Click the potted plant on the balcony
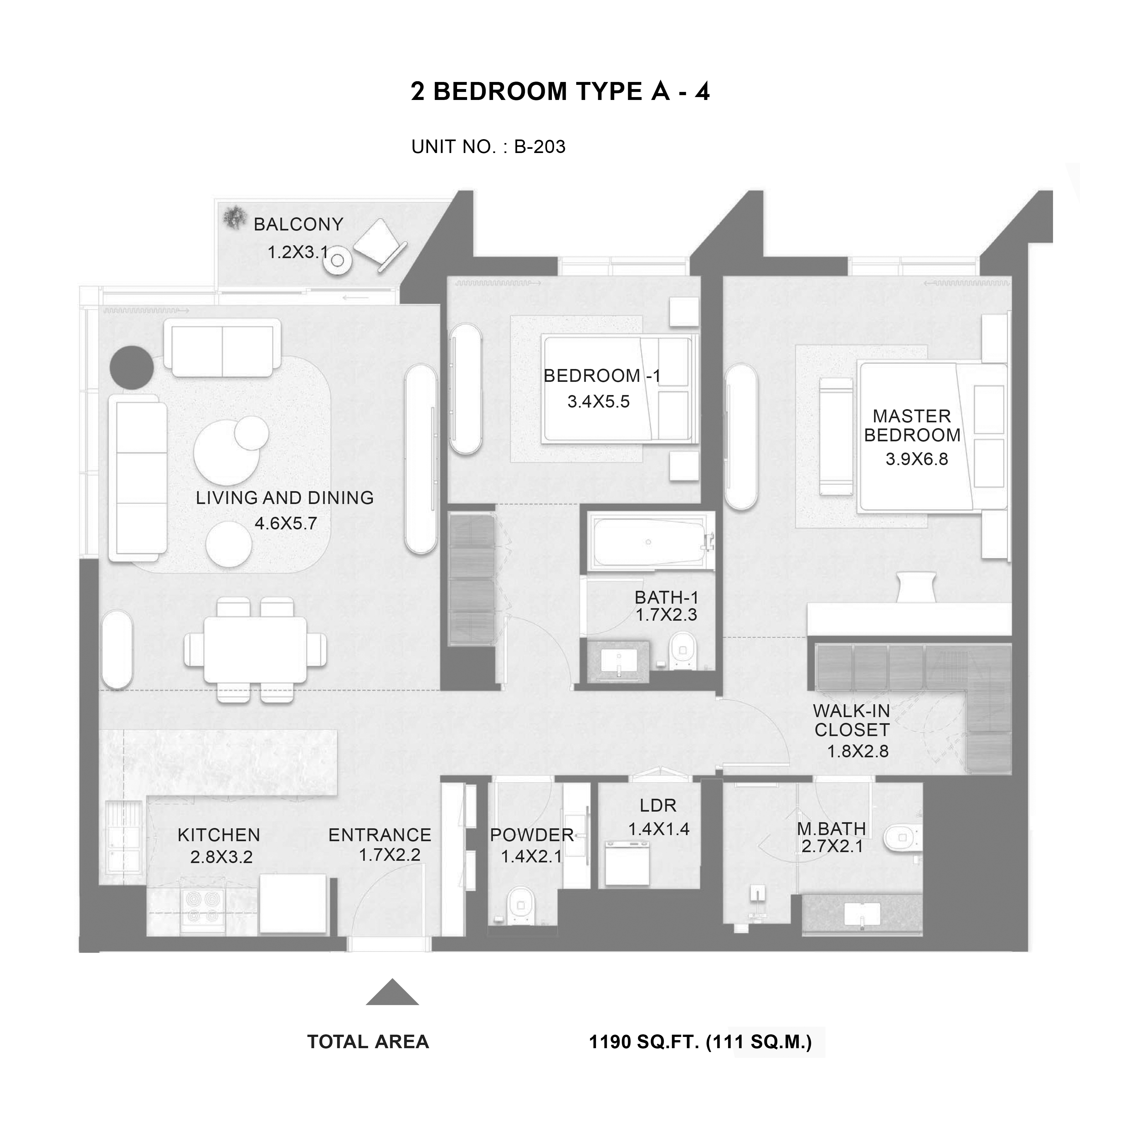[235, 218]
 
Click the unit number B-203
[539, 147]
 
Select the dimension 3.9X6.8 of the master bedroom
[916, 459]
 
